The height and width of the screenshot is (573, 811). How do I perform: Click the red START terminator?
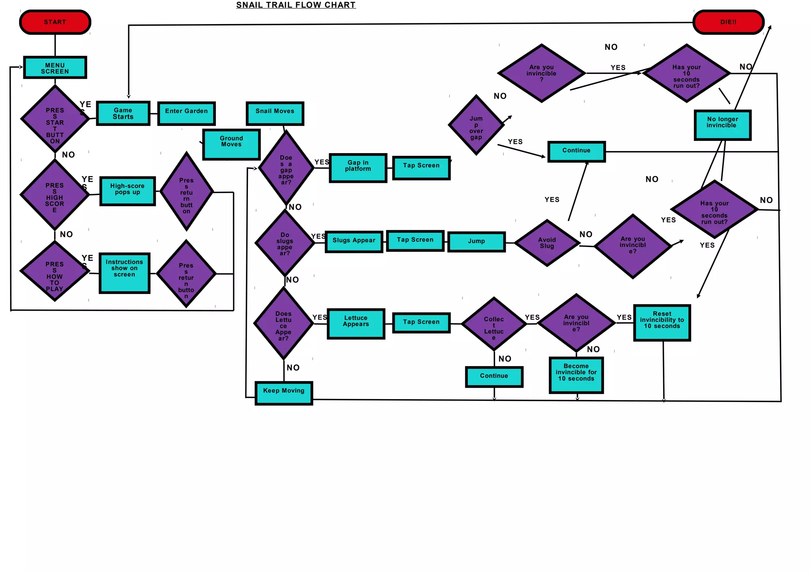(55, 22)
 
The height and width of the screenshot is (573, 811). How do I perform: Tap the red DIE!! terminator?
(728, 22)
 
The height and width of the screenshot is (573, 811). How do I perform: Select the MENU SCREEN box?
(55, 68)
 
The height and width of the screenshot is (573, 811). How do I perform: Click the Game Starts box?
(123, 114)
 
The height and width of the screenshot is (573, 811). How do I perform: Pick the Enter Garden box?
(187, 114)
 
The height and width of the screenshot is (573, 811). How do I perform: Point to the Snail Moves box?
(275, 114)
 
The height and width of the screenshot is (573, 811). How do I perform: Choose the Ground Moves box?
(231, 144)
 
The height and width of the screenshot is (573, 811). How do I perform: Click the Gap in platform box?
(358, 168)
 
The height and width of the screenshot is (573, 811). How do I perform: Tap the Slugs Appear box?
(354, 241)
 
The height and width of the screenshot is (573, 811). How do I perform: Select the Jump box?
(476, 242)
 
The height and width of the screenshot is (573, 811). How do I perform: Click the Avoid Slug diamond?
(547, 243)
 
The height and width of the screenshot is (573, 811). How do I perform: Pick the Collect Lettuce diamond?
(494, 324)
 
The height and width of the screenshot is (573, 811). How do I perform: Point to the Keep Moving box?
(284, 393)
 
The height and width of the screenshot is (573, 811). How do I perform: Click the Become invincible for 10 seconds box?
(576, 375)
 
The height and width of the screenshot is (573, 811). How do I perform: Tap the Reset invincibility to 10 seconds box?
(662, 323)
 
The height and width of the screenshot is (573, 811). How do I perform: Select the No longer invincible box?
(723, 125)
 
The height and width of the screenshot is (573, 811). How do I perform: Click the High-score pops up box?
(128, 191)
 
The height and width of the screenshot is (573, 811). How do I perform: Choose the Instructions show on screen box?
(124, 273)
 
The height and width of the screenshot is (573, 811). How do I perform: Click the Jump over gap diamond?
(476, 125)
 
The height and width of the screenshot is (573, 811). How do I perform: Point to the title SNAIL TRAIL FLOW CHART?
(296, 5)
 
